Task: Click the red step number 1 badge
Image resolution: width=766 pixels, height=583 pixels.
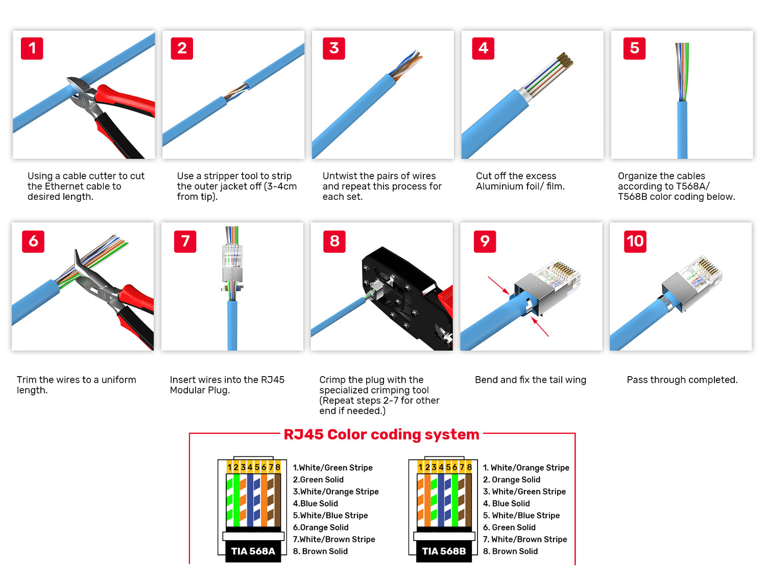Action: (x=32, y=48)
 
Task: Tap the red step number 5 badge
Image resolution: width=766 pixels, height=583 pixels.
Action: (x=634, y=48)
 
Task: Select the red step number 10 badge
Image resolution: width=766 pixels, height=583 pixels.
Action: (x=635, y=241)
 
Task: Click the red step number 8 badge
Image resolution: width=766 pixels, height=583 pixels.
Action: (x=334, y=241)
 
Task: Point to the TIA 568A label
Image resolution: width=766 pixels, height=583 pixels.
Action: (x=253, y=551)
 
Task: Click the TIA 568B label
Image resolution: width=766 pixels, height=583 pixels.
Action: (x=444, y=551)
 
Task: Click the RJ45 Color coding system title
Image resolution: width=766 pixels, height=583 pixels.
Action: (x=381, y=435)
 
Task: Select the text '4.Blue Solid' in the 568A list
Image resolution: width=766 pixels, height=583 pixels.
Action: (x=316, y=503)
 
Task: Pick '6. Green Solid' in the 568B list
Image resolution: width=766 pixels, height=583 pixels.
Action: (x=509, y=527)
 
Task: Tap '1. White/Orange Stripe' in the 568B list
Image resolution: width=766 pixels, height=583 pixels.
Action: (x=526, y=468)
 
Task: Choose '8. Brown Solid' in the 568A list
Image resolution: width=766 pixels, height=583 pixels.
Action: (x=320, y=551)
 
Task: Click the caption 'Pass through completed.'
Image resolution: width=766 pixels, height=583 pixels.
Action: (x=682, y=380)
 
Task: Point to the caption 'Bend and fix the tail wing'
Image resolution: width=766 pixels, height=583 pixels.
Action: (x=531, y=380)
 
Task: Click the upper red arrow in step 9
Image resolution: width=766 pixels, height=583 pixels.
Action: (x=499, y=285)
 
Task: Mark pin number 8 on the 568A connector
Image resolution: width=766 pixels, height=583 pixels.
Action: (x=278, y=467)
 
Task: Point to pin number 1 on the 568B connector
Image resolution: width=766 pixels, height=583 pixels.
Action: (x=420, y=467)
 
